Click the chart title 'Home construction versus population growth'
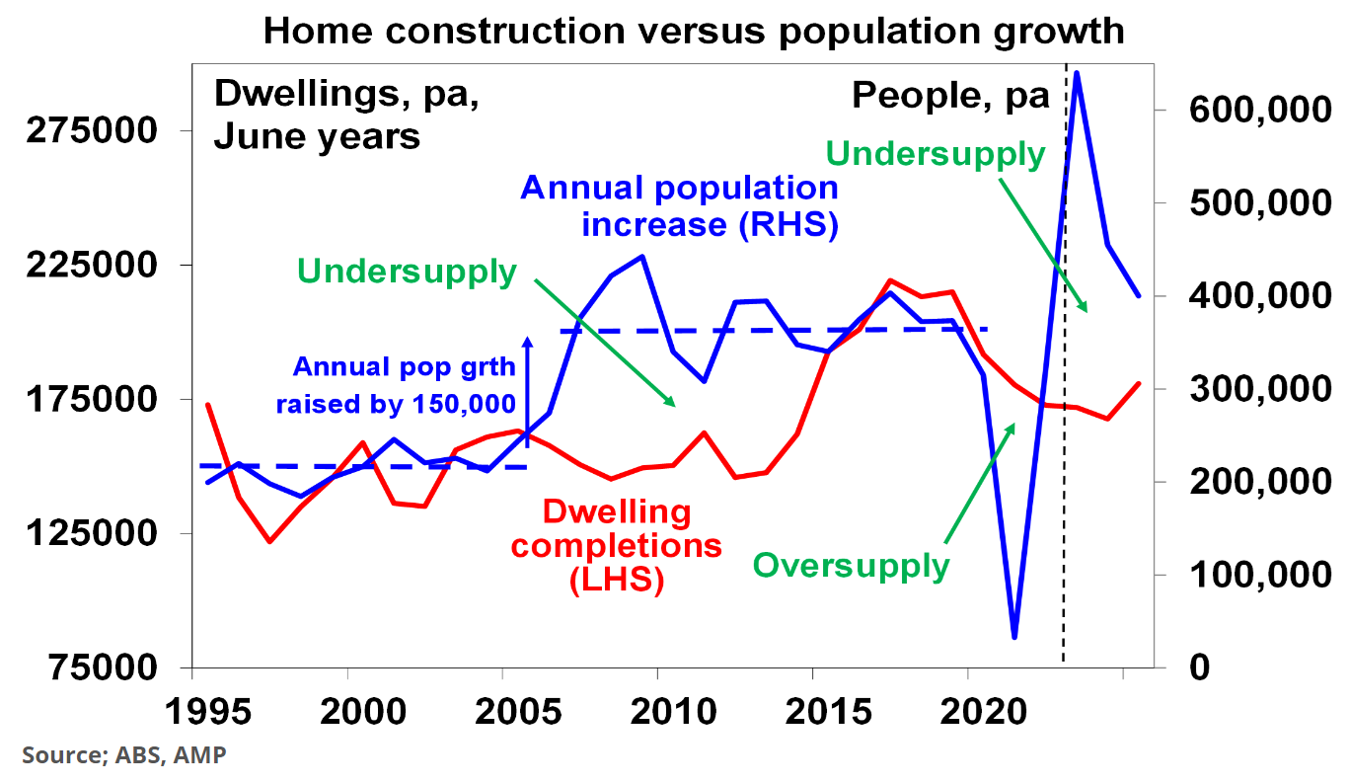click(694, 31)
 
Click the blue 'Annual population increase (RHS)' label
click(681, 206)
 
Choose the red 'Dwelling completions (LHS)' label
click(617, 545)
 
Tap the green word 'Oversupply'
click(851, 566)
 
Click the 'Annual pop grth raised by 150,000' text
click(397, 386)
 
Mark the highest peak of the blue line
click(1078, 73)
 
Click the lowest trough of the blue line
click(1013, 637)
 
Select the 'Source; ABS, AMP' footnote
click(124, 756)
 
